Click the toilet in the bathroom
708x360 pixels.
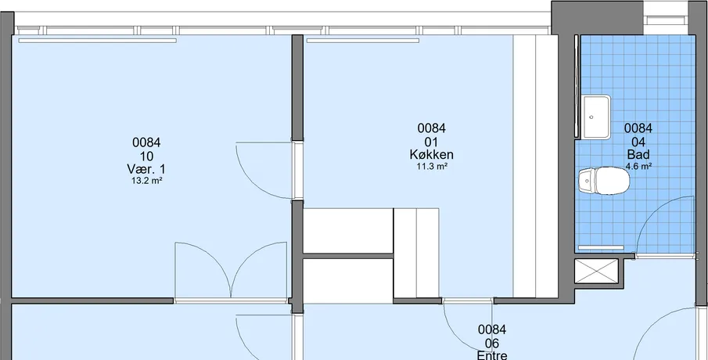[x=604, y=181]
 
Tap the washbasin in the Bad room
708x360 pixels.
[x=595, y=117]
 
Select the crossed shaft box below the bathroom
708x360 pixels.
[x=596, y=271]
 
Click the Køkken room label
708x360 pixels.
[x=432, y=154]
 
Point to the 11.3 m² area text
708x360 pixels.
[x=432, y=166]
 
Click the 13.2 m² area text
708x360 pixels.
[x=147, y=181]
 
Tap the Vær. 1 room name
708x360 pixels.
[x=146, y=169]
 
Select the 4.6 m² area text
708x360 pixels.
[x=638, y=166]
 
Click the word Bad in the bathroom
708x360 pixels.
[x=638, y=154]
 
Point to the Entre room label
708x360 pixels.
[x=492, y=355]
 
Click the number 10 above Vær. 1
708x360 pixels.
[x=146, y=157]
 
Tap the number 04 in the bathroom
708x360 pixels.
[x=638, y=142]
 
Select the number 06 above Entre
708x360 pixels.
[x=492, y=343]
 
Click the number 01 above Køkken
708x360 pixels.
[x=432, y=142]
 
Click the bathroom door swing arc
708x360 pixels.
[x=650, y=211]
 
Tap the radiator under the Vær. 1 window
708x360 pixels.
[x=97, y=41]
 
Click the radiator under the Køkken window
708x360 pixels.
[x=362, y=41]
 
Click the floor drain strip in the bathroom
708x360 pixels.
[x=601, y=247]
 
